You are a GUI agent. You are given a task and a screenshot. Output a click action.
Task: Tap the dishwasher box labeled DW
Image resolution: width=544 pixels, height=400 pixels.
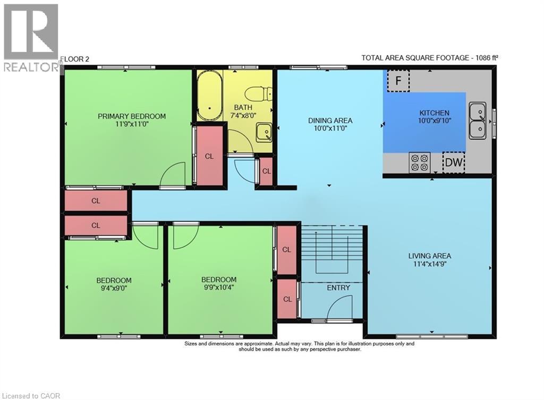[454, 163]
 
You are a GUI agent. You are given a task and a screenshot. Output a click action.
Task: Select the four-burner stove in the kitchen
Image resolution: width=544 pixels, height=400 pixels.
[420, 162]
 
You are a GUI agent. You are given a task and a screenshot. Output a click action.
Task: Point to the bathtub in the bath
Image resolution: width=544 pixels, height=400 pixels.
[209, 96]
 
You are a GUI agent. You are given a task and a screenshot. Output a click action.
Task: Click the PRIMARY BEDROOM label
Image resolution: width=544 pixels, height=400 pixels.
[132, 116]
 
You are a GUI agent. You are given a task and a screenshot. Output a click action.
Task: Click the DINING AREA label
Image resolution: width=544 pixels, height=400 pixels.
[330, 120]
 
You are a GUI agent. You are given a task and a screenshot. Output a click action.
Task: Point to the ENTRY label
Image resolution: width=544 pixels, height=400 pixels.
[338, 288]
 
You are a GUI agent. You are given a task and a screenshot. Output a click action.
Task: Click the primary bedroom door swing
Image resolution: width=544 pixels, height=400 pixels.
[173, 176]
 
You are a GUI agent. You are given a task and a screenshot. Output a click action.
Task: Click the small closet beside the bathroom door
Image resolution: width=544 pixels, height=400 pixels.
[266, 171]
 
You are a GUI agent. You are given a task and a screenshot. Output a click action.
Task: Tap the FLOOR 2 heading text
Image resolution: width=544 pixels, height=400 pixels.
[75, 59]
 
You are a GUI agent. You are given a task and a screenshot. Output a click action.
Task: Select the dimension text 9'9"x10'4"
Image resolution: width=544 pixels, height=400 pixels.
[218, 288]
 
